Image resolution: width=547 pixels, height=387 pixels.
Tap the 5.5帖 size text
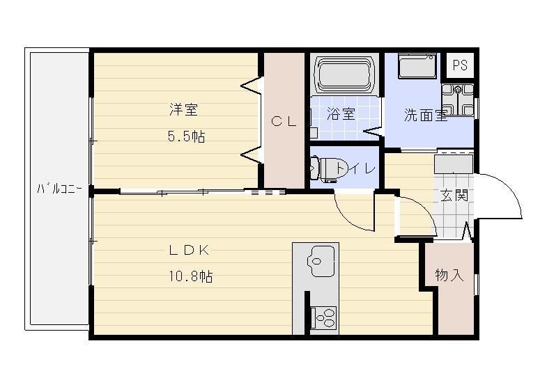(x=185, y=136)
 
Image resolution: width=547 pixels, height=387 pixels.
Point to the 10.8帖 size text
(x=190, y=276)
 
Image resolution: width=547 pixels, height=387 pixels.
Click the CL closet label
(x=284, y=121)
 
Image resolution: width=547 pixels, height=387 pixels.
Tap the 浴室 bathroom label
(x=341, y=115)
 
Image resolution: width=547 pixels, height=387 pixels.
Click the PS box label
(x=459, y=65)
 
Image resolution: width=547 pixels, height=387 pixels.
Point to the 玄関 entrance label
(x=453, y=196)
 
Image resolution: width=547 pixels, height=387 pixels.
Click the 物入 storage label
(x=449, y=275)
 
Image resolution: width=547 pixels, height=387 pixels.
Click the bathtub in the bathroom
(x=345, y=74)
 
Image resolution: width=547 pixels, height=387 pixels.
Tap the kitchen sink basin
(x=321, y=262)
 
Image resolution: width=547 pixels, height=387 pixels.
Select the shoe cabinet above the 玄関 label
(x=454, y=164)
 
